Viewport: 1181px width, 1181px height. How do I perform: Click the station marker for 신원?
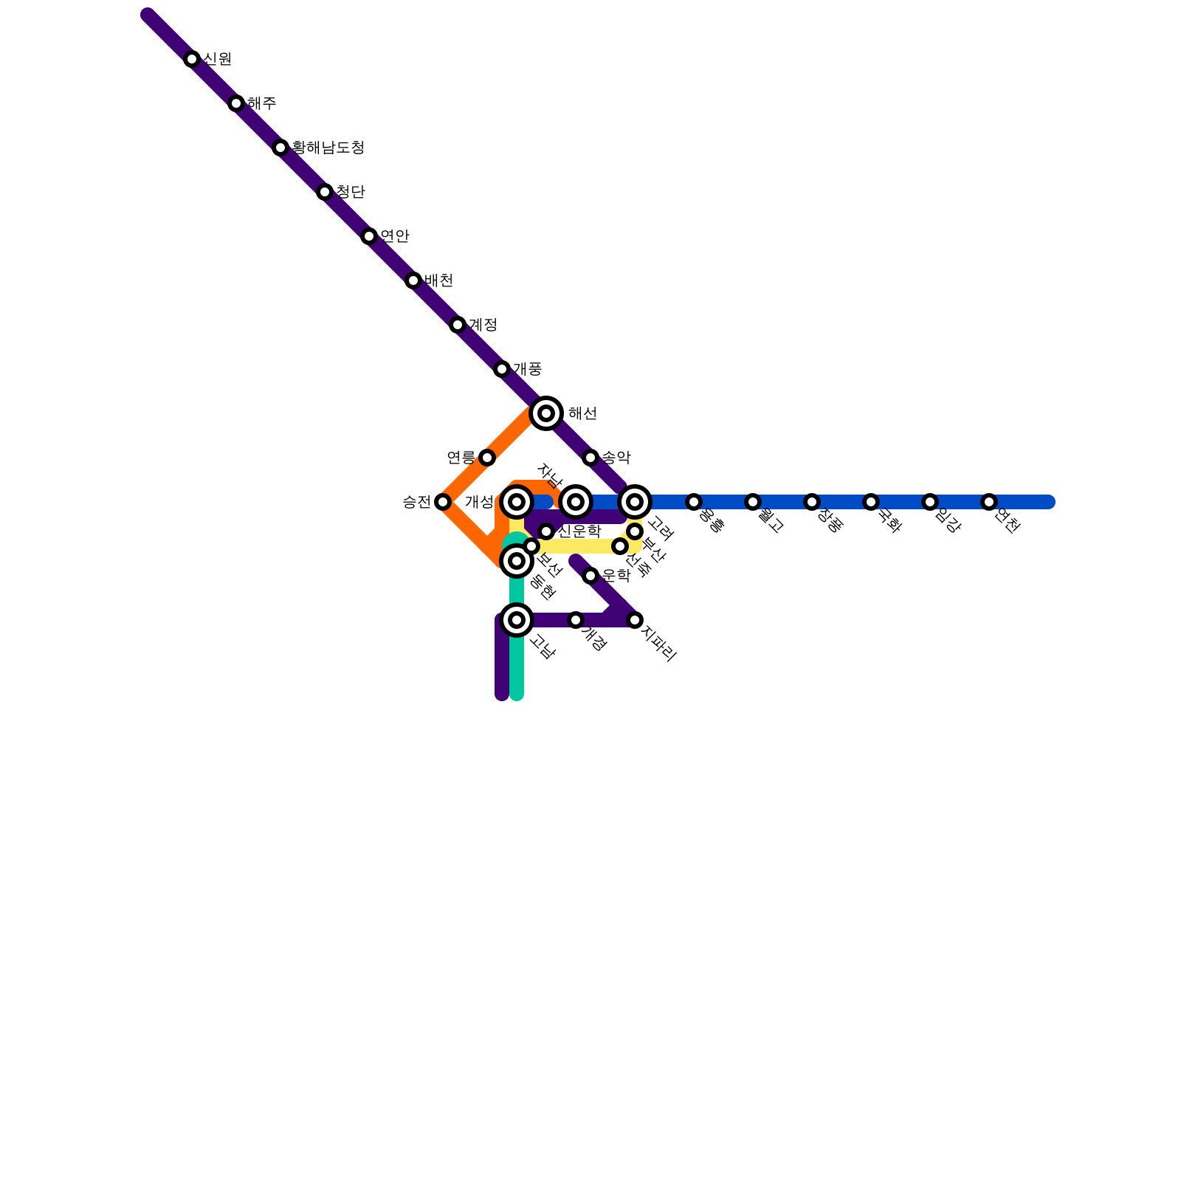tap(192, 59)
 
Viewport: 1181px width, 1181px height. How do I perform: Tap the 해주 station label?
tap(262, 103)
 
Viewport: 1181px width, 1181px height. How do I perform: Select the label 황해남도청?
tap(328, 148)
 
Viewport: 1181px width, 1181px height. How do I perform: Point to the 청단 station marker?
tap(325, 192)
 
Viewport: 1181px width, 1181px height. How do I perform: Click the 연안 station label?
tap(395, 236)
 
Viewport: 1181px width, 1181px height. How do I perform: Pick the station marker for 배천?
tap(413, 280)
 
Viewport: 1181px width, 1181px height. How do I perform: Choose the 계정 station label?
tap(483, 325)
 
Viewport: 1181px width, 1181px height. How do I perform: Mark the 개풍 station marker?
tap(502, 369)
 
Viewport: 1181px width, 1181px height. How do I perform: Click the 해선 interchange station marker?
tap(546, 413)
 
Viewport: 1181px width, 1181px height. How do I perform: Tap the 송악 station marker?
tap(590, 458)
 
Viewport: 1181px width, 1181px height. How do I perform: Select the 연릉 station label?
tap(461, 458)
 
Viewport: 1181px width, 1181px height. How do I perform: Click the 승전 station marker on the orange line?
tap(443, 502)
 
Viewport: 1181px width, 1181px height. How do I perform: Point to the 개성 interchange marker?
tap(517, 502)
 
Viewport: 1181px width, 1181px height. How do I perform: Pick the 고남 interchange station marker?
tap(517, 620)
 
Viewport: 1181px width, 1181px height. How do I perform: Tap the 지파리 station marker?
tap(635, 620)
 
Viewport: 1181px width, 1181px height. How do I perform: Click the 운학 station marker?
tap(590, 576)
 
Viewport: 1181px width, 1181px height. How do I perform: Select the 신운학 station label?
tap(579, 531)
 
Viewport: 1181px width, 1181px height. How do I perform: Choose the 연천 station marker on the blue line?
tap(989, 502)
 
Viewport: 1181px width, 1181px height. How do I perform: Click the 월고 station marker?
tap(753, 502)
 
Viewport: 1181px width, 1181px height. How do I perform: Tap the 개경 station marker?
tap(576, 620)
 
